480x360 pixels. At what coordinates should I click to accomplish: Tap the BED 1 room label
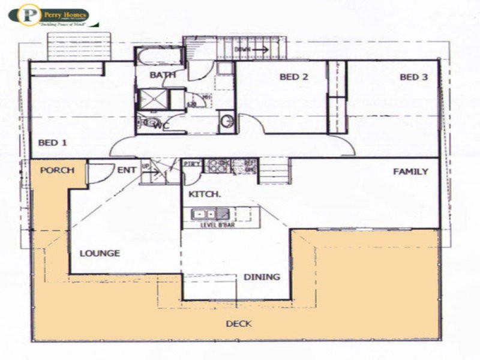(52, 143)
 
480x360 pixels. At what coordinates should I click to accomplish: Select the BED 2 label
(294, 77)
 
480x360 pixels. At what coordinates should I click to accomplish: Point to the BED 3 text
(414, 77)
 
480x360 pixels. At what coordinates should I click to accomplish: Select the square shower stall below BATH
(153, 99)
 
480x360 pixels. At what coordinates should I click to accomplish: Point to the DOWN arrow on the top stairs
(252, 50)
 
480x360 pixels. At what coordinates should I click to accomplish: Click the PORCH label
(57, 170)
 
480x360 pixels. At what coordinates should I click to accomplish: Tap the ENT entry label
(126, 170)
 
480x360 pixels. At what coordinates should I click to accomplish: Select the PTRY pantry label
(192, 164)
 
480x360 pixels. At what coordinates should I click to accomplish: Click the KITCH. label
(205, 194)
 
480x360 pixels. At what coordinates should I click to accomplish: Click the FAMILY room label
(410, 172)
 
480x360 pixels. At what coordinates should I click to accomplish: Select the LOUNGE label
(100, 253)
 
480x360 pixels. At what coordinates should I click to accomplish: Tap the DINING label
(262, 277)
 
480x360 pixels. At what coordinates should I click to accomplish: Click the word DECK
(238, 324)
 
